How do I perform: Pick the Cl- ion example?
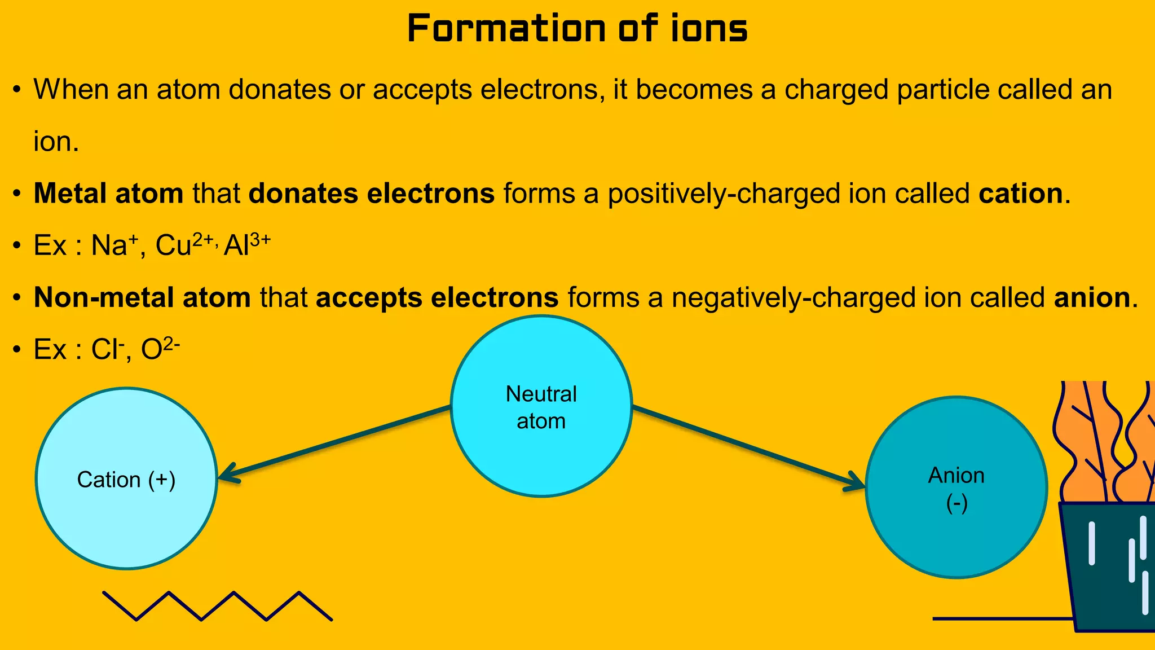[107, 349]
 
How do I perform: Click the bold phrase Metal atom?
[108, 194]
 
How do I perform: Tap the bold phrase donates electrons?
[372, 194]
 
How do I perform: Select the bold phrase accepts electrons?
[437, 297]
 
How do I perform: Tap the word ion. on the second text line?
[56, 141]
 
